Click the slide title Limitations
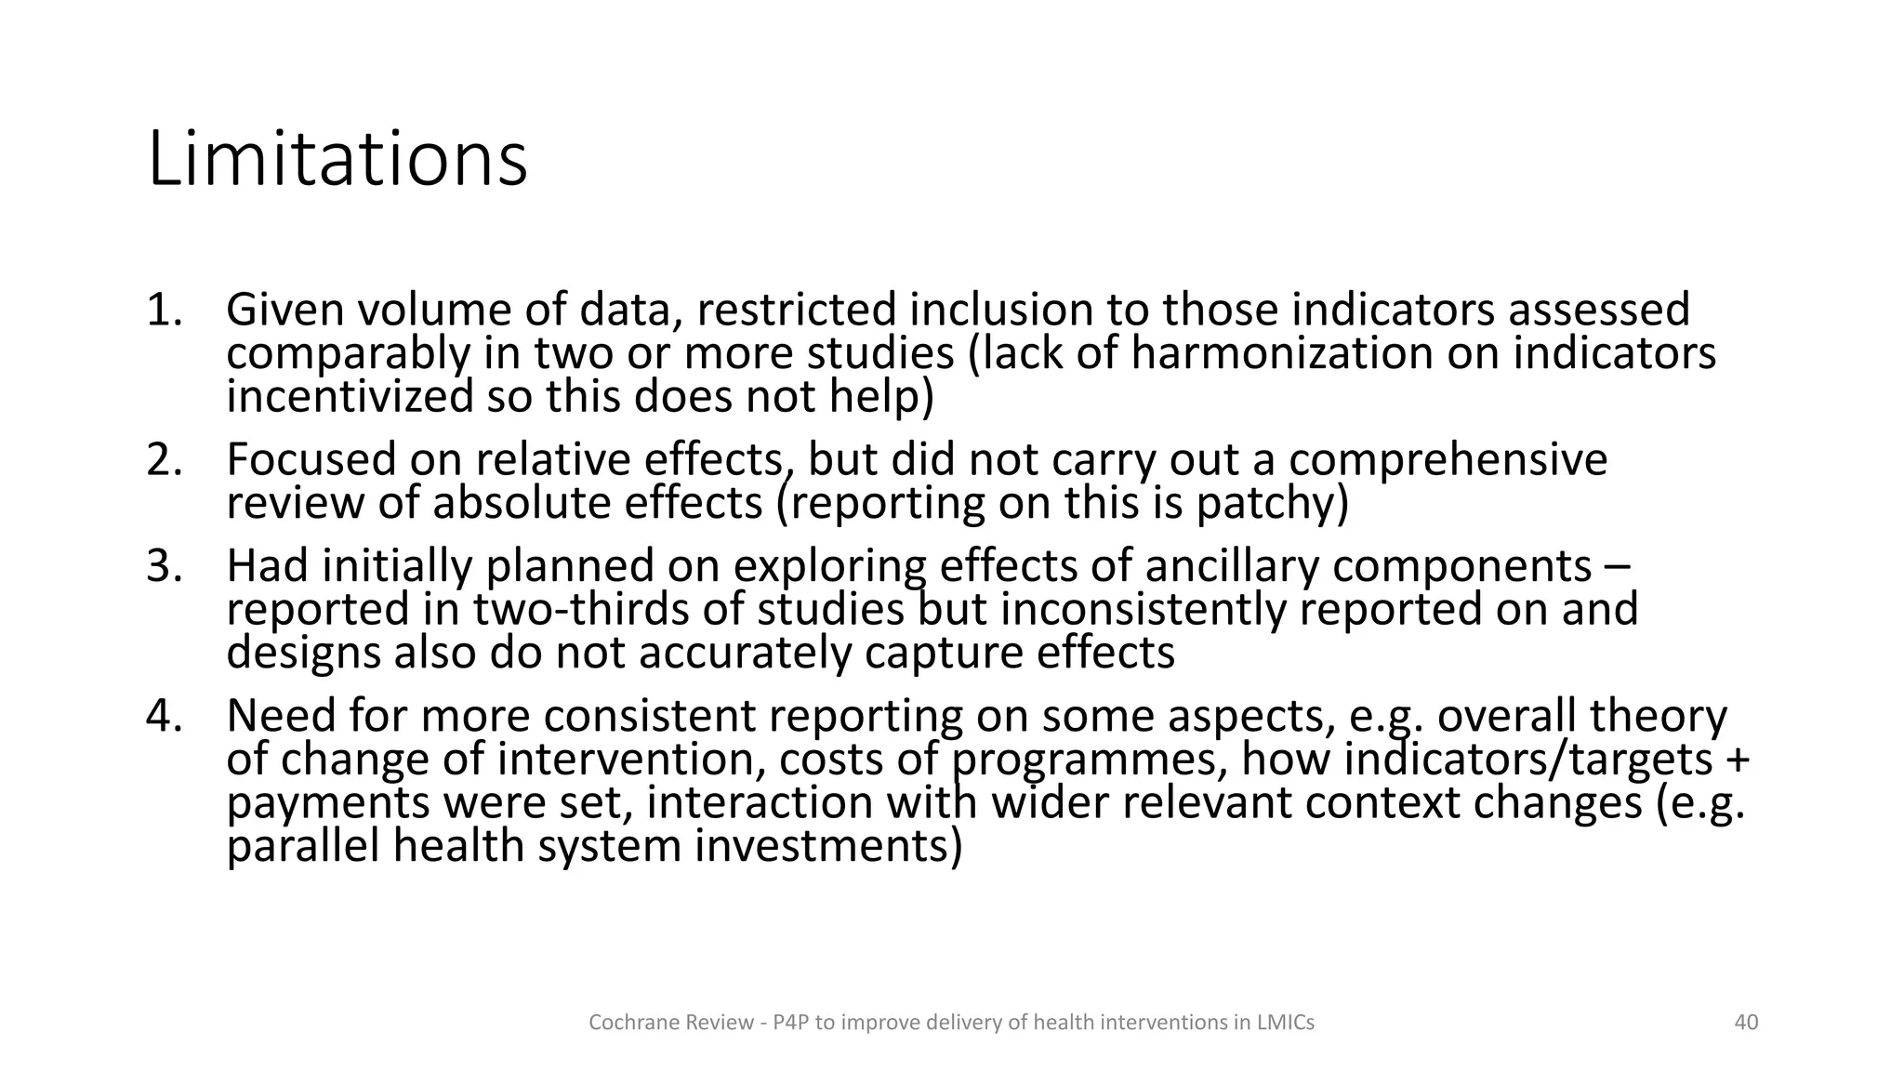pos(337,160)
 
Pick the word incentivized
pos(350,397)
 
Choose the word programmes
pos(1089,760)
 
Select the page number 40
pos(1746,1023)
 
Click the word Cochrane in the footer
pos(625,1023)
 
